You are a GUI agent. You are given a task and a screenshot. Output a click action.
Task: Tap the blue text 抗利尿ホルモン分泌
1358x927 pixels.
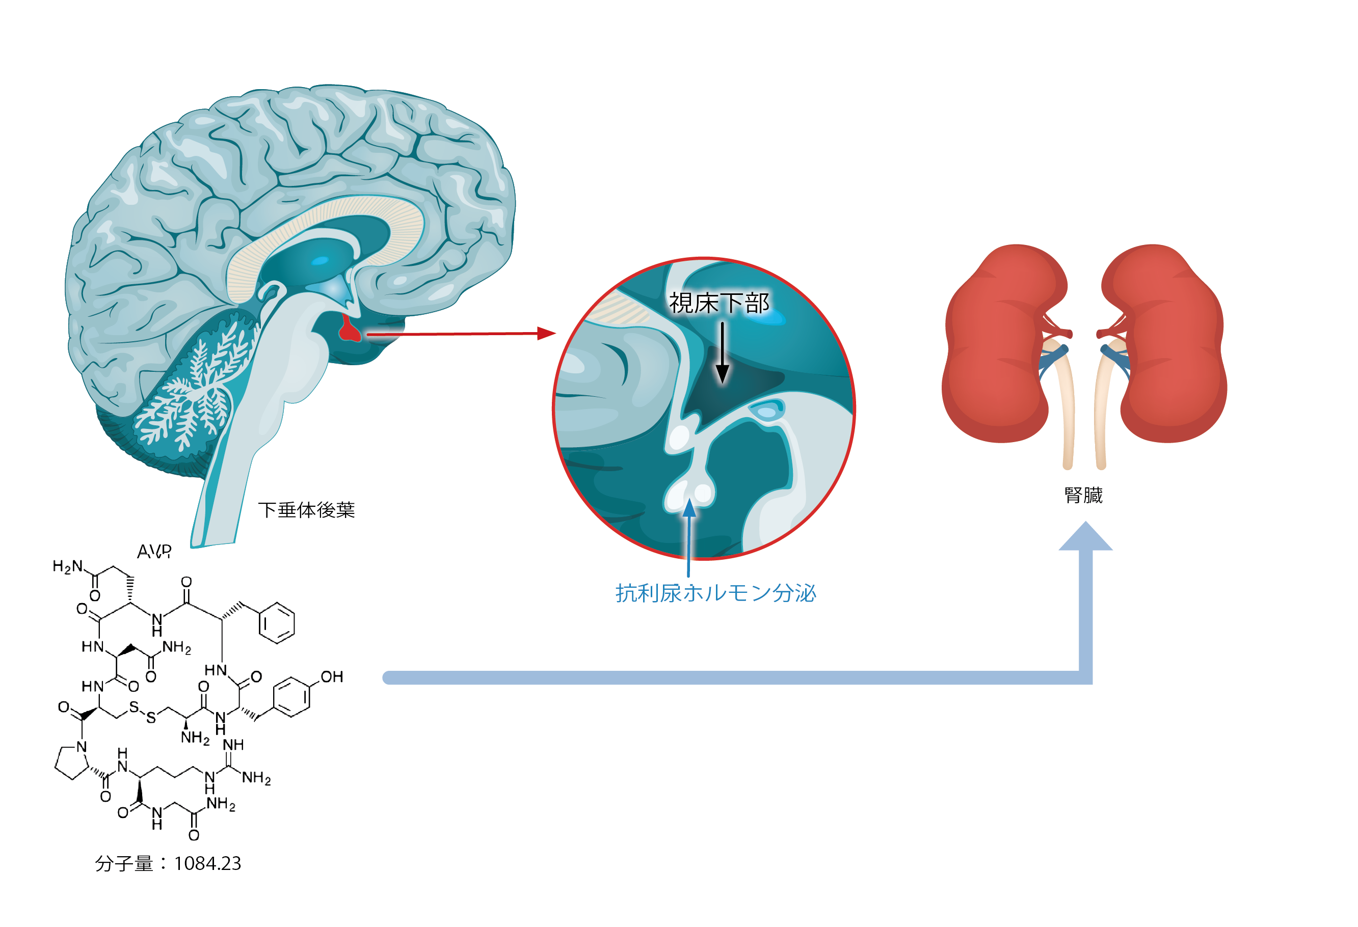tap(715, 593)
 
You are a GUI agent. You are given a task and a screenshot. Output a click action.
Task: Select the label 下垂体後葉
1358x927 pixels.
tap(306, 510)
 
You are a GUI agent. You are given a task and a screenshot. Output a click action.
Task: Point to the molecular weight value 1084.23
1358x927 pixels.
tap(207, 863)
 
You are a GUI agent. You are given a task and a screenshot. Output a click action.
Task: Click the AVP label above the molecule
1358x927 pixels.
tap(154, 551)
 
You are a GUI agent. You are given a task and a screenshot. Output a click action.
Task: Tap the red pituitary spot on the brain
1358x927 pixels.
tap(350, 331)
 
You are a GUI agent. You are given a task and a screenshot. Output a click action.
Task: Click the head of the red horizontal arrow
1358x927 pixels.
tap(546, 333)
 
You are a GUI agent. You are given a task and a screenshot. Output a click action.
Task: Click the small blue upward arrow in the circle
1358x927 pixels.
tap(689, 508)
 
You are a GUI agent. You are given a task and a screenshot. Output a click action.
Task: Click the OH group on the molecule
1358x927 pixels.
tap(331, 676)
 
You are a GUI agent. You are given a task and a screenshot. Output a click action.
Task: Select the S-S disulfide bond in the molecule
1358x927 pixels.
tap(143, 712)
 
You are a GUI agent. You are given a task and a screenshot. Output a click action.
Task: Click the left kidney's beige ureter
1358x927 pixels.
tap(1064, 409)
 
